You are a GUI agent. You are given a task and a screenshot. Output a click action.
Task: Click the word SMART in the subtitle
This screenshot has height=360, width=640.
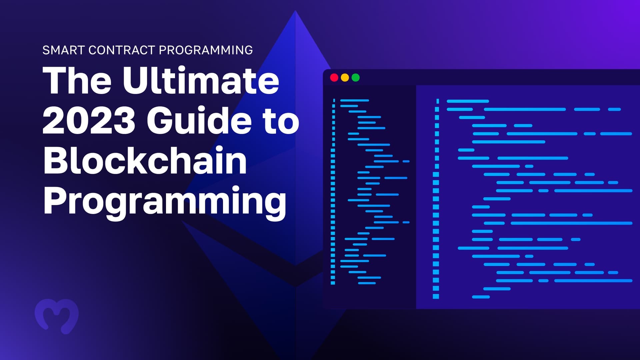pos(63,50)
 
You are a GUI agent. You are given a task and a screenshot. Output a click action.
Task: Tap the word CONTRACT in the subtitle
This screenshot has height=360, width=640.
pos(122,50)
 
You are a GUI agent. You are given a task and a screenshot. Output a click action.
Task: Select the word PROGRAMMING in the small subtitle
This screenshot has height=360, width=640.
pos(206,50)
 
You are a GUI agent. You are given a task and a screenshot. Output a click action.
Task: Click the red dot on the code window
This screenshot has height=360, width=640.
pos(334,78)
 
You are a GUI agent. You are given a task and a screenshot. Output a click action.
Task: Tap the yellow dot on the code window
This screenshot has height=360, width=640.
pos(345,78)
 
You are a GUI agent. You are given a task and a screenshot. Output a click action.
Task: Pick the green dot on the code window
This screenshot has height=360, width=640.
pos(356,78)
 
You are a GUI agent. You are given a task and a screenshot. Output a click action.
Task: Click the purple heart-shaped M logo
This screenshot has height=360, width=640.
pos(57,316)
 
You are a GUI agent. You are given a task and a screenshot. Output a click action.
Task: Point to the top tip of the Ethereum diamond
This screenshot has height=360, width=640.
pos(295,10)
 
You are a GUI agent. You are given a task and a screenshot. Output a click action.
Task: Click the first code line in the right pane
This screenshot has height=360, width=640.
pos(468,101)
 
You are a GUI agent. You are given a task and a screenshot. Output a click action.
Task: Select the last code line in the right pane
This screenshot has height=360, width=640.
pos(481,297)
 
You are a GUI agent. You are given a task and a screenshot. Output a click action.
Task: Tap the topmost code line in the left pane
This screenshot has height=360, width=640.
pos(355,100)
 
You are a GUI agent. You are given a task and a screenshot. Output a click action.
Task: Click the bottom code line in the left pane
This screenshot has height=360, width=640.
pos(367,283)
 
